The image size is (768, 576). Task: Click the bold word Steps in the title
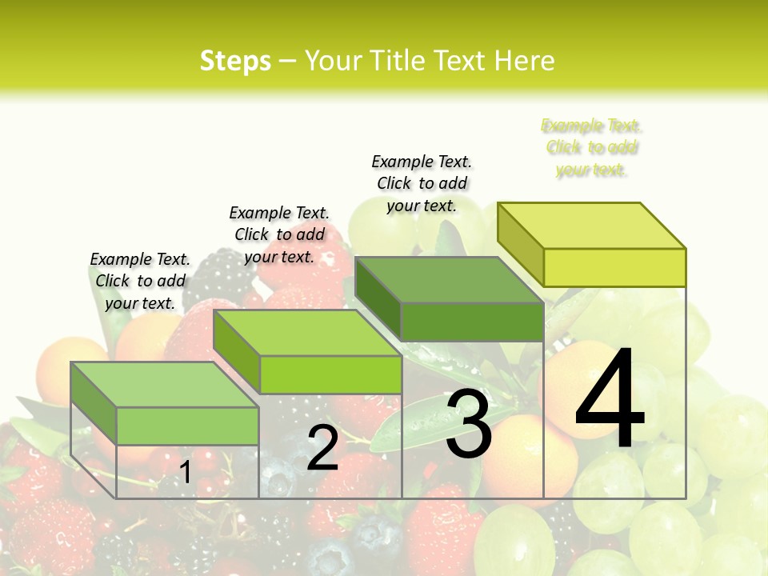click(235, 61)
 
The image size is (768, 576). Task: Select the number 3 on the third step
click(469, 425)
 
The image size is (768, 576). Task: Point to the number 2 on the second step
click(322, 448)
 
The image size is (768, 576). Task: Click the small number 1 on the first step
click(185, 472)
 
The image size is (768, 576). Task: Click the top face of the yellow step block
click(591, 225)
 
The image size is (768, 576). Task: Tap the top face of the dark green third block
click(449, 280)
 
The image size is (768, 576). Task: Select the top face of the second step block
click(307, 333)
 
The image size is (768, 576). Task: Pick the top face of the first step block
click(164, 385)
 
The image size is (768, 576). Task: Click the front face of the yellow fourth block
click(614, 267)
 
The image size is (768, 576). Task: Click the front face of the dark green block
click(472, 322)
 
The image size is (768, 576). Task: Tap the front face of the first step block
click(187, 426)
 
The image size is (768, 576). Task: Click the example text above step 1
click(140, 281)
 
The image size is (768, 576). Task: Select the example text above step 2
click(279, 234)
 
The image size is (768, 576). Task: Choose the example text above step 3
click(422, 183)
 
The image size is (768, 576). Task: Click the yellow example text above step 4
click(591, 147)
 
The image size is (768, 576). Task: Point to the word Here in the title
click(525, 61)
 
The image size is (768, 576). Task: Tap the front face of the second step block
click(330, 374)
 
